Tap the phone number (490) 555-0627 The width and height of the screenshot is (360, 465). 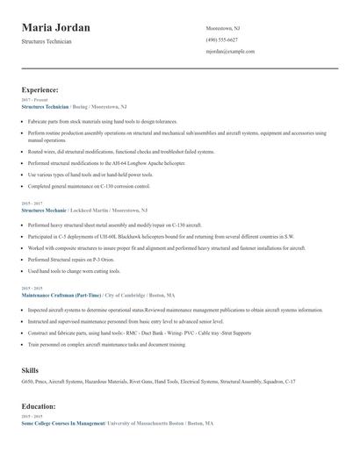pos(222,39)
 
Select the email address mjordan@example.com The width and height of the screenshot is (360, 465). pos(230,52)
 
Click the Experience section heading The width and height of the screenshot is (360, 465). pos(40,90)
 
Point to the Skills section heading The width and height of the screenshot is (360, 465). pos(31,370)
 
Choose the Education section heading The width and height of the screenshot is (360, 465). pos(40,407)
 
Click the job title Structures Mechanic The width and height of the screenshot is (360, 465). pos(43,211)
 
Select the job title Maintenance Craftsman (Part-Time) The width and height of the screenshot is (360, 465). pos(61,296)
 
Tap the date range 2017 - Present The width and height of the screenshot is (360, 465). pos(34,100)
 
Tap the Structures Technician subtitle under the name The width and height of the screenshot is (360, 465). pos(47,41)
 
